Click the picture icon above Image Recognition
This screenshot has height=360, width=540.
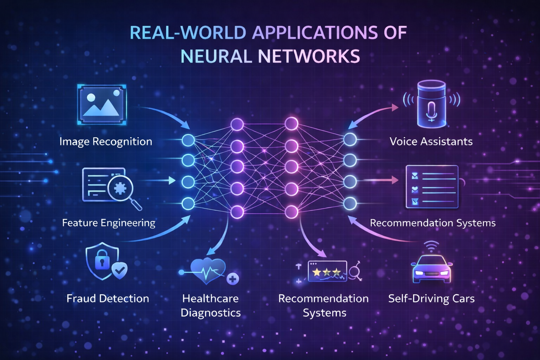pyautogui.click(x=102, y=104)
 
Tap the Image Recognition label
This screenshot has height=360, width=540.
pyautogui.click(x=105, y=142)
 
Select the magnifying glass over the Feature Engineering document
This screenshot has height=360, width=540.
pyautogui.click(x=121, y=188)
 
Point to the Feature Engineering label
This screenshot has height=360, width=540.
pyautogui.click(x=109, y=223)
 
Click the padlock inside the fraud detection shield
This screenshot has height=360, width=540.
pyautogui.click(x=102, y=260)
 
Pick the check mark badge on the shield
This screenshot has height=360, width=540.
pyautogui.click(x=120, y=270)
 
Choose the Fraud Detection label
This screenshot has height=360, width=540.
pyautogui.click(x=108, y=298)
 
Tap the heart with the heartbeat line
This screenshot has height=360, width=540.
pyautogui.click(x=207, y=271)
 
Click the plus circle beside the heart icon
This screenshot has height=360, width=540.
pyautogui.click(x=232, y=279)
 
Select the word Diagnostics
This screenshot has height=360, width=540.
pyautogui.click(x=211, y=313)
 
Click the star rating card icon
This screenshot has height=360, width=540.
pyautogui.click(x=327, y=271)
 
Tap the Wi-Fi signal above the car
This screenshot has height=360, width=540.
pyautogui.click(x=431, y=245)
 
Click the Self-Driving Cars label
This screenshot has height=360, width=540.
pyautogui.click(x=431, y=299)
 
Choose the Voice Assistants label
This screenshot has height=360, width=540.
pyautogui.click(x=431, y=142)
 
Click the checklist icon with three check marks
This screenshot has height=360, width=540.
pyautogui.click(x=432, y=187)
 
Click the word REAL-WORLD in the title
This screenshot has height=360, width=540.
pyautogui.click(x=188, y=33)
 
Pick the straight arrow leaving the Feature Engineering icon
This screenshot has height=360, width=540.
pyautogui.click(x=158, y=181)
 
